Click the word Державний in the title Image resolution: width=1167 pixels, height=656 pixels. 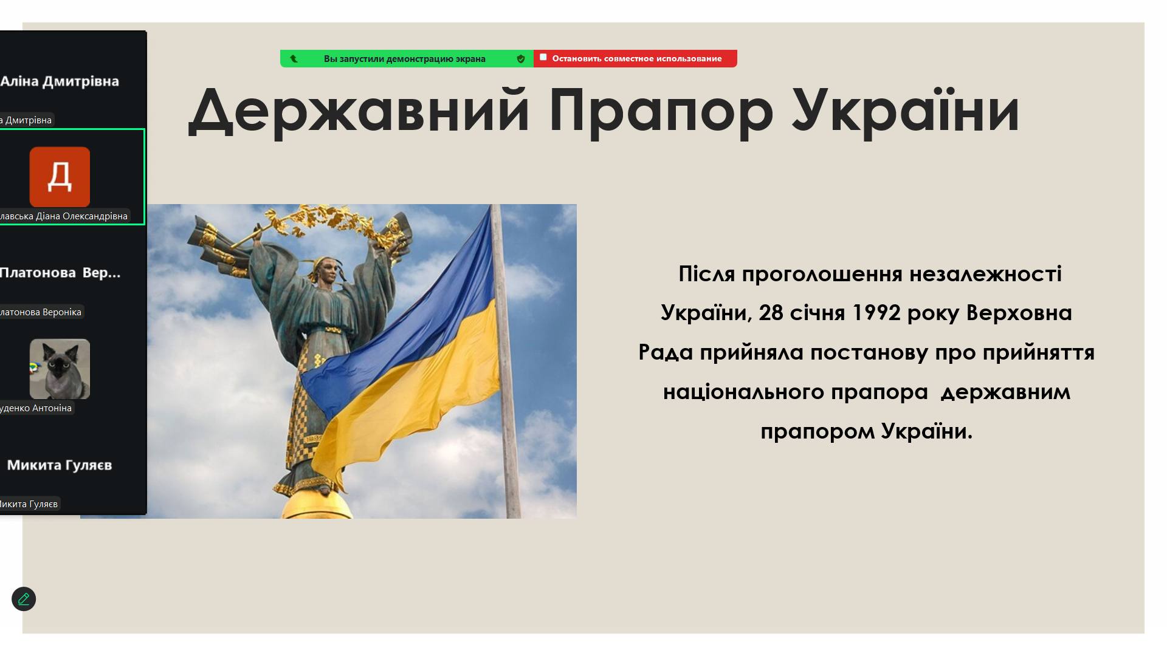[x=359, y=111]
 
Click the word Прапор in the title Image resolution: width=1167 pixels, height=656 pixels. [x=661, y=111]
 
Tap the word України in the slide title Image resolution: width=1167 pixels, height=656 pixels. [x=905, y=111]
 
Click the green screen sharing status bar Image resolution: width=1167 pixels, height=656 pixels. [x=404, y=59]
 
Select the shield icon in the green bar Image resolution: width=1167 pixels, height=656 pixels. [x=521, y=59]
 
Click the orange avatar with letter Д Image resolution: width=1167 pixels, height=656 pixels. [x=60, y=177]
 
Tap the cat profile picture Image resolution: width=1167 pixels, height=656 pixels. [x=60, y=369]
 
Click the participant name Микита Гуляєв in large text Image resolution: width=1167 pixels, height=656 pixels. [x=60, y=465]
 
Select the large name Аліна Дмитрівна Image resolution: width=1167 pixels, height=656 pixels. [x=60, y=81]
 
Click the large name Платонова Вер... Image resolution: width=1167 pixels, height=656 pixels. [x=60, y=273]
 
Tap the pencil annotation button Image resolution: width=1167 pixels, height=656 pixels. [x=24, y=599]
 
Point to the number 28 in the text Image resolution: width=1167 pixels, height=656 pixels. [x=771, y=313]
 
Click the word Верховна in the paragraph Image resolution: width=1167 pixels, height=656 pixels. [x=1019, y=313]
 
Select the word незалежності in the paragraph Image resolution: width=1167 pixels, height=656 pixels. [x=985, y=274]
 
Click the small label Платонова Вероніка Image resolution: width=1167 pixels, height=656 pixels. [x=41, y=312]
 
